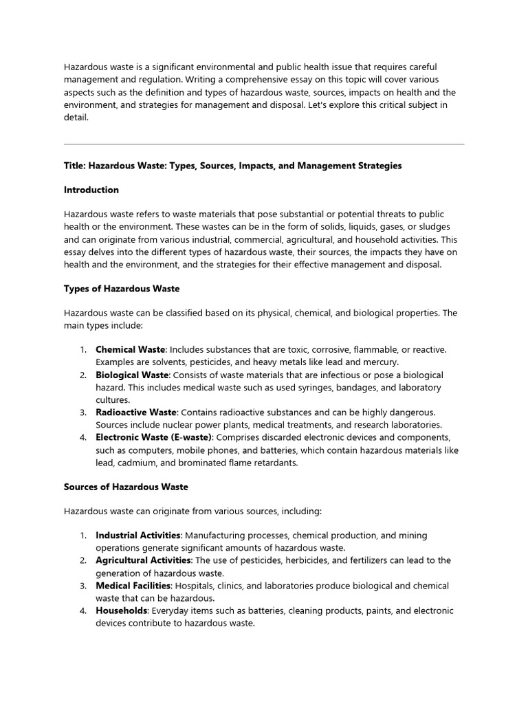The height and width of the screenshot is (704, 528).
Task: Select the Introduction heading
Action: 91,190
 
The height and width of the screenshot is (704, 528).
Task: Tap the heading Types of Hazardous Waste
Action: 122,289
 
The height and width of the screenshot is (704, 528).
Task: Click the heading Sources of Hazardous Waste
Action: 126,487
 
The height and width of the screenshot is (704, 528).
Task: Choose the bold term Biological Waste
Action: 132,375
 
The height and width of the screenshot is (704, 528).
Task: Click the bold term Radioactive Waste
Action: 136,412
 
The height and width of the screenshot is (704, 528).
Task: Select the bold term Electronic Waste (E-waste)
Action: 155,437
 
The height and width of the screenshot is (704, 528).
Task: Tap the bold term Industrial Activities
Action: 138,536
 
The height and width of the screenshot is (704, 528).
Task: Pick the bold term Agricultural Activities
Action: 143,560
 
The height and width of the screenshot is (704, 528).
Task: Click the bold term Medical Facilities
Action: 133,585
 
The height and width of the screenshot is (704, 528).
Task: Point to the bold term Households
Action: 121,610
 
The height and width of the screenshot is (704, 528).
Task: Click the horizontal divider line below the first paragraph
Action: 264,144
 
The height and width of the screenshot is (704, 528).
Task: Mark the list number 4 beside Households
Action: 82,610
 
